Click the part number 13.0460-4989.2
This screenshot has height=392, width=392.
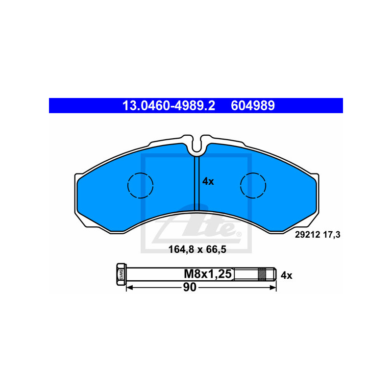pos(169,105)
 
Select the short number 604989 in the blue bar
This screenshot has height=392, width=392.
pos(253,105)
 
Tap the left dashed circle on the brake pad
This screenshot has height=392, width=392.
pos(140,186)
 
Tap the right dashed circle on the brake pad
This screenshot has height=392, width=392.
pos(253,186)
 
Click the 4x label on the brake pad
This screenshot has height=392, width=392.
pos(208,181)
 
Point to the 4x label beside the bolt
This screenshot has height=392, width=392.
pos(286,275)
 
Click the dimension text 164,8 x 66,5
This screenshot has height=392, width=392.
pos(197,249)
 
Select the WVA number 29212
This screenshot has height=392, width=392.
pos(308,235)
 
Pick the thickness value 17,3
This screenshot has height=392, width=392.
pos(332,235)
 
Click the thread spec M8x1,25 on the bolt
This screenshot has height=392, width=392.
pos(208,274)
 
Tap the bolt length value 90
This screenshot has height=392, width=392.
pos(190,287)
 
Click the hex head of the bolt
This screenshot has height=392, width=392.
pos(121,274)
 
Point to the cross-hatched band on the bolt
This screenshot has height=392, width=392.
pos(262,274)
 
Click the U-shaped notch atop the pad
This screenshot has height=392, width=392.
pos(197,145)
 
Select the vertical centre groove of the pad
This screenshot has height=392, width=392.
pos(197,183)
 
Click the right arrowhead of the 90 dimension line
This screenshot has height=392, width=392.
pos(273,288)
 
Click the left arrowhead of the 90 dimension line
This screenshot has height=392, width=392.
pos(130,288)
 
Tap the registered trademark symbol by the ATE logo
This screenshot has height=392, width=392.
pos(239,234)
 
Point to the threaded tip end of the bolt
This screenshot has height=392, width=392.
pos(275,274)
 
